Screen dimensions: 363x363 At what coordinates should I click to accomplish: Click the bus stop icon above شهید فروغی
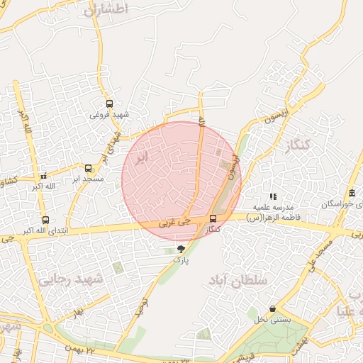109,104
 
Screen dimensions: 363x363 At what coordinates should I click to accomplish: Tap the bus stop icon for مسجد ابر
89,169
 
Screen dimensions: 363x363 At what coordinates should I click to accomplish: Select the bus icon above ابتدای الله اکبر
45,220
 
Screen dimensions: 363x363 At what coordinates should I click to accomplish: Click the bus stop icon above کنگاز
213,218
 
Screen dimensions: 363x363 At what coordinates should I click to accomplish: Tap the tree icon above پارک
181,249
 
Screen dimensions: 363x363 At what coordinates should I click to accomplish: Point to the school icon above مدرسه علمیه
273,196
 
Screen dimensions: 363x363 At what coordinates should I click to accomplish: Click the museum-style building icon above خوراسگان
352,194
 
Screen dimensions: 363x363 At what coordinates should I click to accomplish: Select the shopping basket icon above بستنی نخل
273,309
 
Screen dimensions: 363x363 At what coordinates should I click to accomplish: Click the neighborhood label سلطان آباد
238,281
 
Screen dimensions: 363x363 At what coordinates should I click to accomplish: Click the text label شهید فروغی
110,114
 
